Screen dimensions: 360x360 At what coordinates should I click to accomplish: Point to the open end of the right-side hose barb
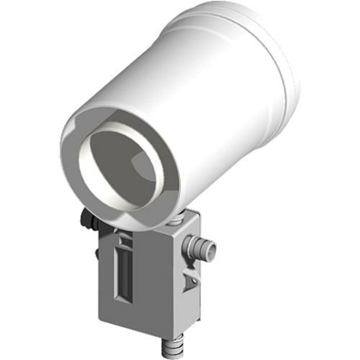pos(213,247)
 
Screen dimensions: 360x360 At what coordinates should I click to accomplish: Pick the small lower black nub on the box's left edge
pos(95,253)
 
